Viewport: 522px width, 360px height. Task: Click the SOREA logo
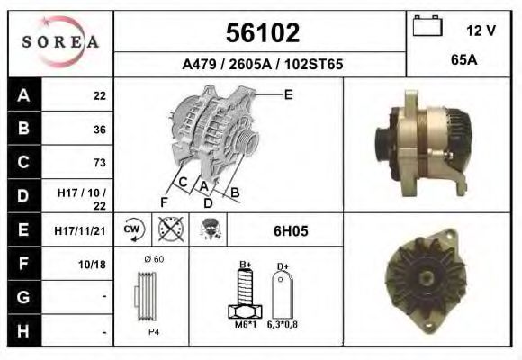pos(60,41)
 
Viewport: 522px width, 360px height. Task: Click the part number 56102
pos(261,33)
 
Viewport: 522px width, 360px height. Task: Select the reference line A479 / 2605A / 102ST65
pos(262,65)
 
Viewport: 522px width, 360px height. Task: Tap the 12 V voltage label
pos(481,31)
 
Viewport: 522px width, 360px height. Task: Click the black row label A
pos(22,95)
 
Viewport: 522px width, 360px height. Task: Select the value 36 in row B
pos(99,129)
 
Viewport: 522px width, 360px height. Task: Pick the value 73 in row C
pos(99,163)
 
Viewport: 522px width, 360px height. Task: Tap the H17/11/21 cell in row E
pos(80,230)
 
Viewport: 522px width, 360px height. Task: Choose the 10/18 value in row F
pos(94,265)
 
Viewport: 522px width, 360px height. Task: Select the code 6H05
pos(291,230)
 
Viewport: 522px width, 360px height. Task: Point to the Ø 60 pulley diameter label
pos(153,260)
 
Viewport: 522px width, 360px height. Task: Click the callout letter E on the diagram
pos(289,94)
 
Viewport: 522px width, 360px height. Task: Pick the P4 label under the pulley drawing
pos(154,331)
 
